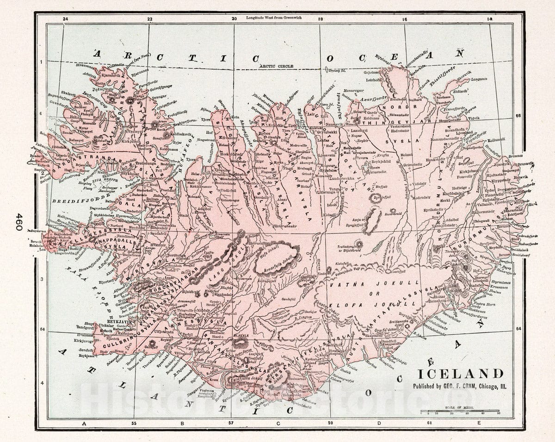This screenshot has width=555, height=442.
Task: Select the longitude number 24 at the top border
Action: (x=65, y=19)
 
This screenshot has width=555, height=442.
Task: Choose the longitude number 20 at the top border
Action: (x=234, y=19)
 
